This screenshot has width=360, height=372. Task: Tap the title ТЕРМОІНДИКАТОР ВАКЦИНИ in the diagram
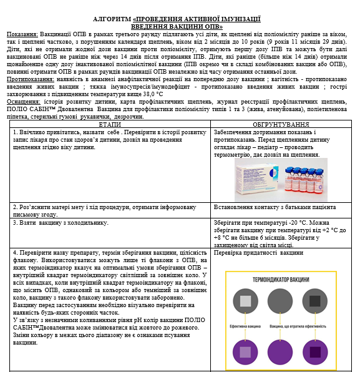click(x=281, y=279)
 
